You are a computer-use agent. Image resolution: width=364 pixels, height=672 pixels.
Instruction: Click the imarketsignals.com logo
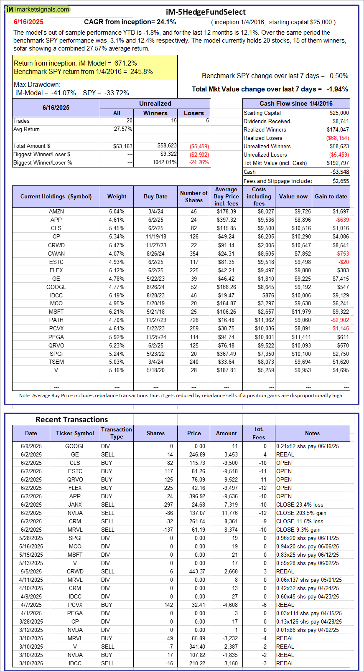38,9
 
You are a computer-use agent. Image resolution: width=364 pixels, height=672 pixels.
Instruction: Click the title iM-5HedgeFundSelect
206,12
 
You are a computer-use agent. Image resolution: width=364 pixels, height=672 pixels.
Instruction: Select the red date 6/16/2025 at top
28,22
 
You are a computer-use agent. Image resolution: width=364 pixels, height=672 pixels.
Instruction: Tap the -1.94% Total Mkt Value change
337,89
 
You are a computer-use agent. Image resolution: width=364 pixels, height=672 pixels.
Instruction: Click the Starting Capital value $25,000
339,113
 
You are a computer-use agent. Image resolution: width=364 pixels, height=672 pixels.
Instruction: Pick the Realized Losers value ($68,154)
337,138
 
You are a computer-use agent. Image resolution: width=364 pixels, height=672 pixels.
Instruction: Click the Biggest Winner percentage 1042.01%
165,162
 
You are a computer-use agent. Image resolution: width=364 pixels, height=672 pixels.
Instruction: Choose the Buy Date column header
155,196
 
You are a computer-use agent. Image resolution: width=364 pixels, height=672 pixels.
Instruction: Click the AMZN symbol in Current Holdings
56,211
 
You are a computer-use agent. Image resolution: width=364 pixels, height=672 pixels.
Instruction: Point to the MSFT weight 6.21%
117,312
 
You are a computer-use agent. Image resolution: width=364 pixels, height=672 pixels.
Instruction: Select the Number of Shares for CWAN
193,254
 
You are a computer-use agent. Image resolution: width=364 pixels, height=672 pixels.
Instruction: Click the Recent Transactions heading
71,420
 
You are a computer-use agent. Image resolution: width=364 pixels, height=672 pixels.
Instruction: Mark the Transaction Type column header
117,433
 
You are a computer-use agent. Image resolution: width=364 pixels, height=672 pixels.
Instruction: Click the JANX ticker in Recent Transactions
75,505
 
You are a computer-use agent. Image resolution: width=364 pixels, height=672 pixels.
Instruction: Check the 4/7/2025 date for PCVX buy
31,605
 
